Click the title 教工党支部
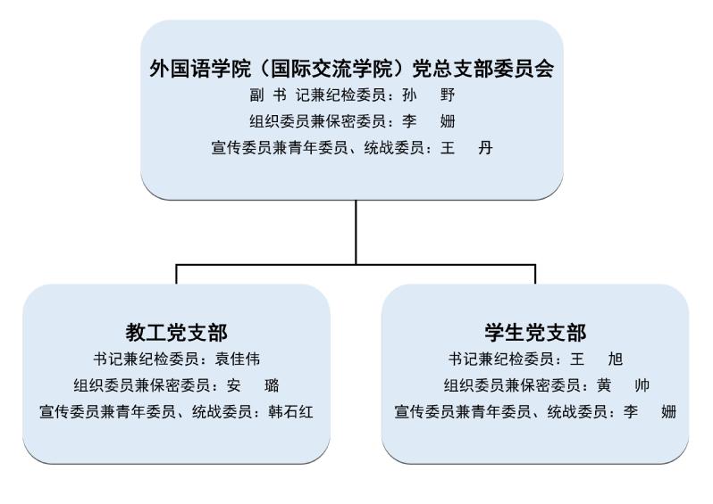pyautogui.click(x=176, y=333)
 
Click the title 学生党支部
pyautogui.click(x=535, y=333)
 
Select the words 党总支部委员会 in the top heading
pyautogui.click(x=482, y=69)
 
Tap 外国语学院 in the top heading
pyautogui.click(x=200, y=69)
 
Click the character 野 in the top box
pyautogui.click(x=448, y=95)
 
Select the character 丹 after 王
pyautogui.click(x=485, y=147)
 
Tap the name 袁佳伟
pyautogui.click(x=238, y=359)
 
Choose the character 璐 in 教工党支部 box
pyautogui.click(x=272, y=385)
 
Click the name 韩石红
pyautogui.click(x=290, y=412)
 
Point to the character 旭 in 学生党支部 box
pyautogui.click(x=616, y=359)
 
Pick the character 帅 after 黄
pyautogui.click(x=642, y=385)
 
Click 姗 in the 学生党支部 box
pyautogui.click(x=668, y=412)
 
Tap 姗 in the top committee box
pyautogui.click(x=448, y=121)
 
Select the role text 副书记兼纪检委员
pyautogui.click(x=317, y=95)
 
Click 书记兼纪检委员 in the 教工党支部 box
pyautogui.click(x=146, y=359)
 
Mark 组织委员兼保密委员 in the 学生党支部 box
pyautogui.click(x=513, y=385)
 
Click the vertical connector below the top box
pyautogui.click(x=356, y=232)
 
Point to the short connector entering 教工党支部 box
pyautogui.click(x=176, y=274)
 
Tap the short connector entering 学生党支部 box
pyautogui.click(x=535, y=274)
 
